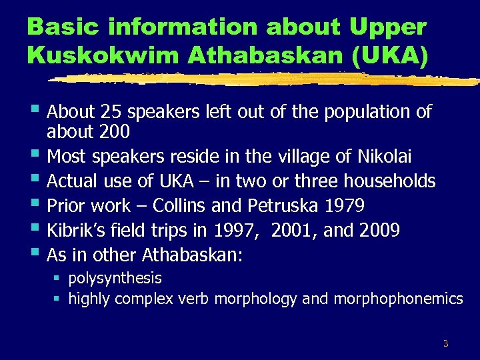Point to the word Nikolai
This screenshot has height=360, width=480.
(385, 157)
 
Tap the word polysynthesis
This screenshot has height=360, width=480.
(115, 278)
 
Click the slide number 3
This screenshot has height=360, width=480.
(445, 344)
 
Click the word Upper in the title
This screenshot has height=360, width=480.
(388, 27)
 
